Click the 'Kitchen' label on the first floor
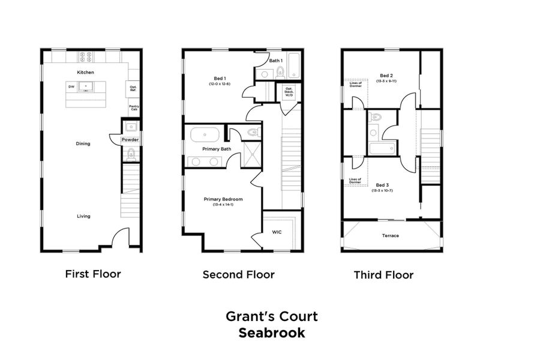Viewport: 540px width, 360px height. [85, 72]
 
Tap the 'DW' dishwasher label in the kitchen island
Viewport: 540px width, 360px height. [71, 87]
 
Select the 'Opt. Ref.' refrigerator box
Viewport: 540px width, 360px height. [133, 89]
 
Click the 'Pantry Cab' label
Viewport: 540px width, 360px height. [134, 107]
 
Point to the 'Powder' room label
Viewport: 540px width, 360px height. [130, 140]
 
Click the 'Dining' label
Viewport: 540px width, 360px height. [83, 143]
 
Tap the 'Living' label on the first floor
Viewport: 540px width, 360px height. [83, 216]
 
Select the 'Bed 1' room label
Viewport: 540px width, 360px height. [220, 79]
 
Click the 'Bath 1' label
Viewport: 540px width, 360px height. [275, 61]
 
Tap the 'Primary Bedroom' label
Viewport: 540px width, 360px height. [223, 199]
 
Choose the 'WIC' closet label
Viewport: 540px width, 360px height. [277, 232]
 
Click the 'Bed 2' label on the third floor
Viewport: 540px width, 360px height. [386, 76]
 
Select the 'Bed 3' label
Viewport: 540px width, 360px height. [382, 185]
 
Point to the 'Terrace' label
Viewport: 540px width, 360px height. [390, 236]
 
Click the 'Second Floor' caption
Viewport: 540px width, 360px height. [238, 275]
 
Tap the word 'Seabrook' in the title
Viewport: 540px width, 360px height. [271, 333]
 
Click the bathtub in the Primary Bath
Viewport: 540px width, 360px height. [205, 134]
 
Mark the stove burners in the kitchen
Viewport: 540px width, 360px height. [85, 57]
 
